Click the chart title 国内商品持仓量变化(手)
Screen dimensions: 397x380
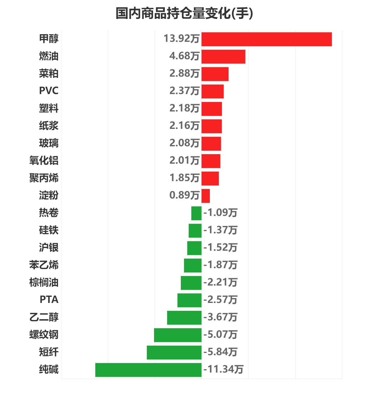[184, 13]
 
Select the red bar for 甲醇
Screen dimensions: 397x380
[267, 39]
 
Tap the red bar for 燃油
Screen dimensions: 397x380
[223, 56]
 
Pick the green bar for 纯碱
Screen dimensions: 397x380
[148, 370]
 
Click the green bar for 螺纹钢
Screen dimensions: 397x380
[177, 335]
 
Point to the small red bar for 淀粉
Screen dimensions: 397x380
[206, 196]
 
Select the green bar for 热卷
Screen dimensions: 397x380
[196, 213]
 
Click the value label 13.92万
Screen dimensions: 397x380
[181, 38]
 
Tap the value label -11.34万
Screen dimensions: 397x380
[224, 369]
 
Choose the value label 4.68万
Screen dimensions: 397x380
[184, 56]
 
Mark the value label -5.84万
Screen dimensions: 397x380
[220, 352]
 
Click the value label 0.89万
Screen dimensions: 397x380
[184, 195]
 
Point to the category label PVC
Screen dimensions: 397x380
[49, 91]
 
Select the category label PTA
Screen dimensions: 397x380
[49, 300]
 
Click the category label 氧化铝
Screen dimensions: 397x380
[44, 160]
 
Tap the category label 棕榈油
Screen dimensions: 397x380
[44, 282]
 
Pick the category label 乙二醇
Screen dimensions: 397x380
[44, 317]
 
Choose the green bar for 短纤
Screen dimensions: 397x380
[174, 352]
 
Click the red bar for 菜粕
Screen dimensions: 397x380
[215, 74]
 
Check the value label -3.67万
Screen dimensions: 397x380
[220, 317]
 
